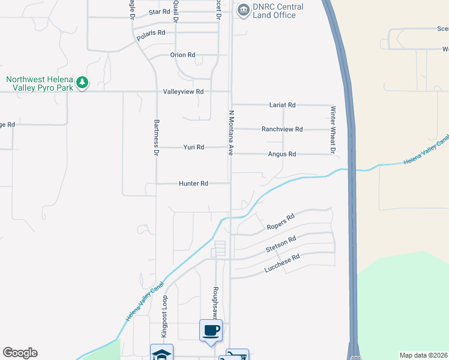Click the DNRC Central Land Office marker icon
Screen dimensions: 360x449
click(243, 8)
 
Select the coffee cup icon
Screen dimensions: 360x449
click(211, 330)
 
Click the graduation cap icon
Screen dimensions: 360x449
click(161, 353)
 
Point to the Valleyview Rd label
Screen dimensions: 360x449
click(184, 92)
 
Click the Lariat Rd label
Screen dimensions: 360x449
click(283, 105)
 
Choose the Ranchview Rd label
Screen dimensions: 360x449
click(282, 129)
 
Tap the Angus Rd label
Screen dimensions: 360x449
click(282, 154)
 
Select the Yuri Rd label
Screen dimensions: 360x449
click(194, 147)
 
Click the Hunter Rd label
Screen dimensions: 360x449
click(193, 184)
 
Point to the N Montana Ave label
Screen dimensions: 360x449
click(231, 133)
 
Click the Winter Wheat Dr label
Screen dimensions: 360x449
click(331, 130)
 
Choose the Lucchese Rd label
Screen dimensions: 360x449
click(282, 265)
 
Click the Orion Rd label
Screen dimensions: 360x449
click(182, 55)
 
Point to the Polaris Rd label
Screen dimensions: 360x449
click(150, 33)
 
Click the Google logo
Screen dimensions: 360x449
click(20, 353)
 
